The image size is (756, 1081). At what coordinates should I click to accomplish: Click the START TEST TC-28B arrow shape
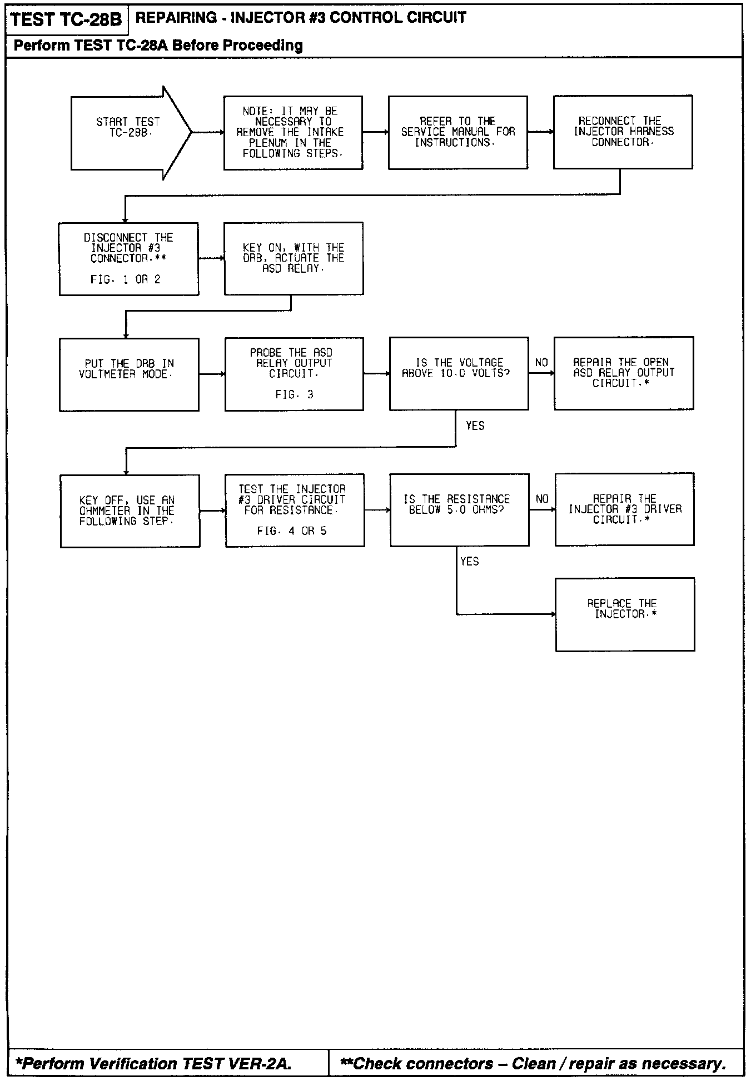(128, 133)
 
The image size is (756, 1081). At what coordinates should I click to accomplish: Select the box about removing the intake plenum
(293, 133)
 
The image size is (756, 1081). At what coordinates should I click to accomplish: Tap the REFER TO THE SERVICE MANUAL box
(457, 132)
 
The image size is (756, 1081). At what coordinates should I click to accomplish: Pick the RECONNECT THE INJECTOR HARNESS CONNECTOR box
(623, 132)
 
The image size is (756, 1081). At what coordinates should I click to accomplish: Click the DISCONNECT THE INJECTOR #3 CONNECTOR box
(128, 259)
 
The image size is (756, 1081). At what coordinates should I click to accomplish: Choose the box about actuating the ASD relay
(294, 258)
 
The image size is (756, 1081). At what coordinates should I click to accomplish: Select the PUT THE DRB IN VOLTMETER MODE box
(129, 374)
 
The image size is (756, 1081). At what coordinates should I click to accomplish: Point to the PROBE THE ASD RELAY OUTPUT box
(294, 374)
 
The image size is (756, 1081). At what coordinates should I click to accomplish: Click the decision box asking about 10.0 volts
(459, 373)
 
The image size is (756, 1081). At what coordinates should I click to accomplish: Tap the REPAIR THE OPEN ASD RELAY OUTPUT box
(624, 373)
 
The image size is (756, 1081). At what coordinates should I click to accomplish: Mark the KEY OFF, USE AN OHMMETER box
(130, 511)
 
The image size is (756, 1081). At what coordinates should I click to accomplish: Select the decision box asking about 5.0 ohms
(459, 510)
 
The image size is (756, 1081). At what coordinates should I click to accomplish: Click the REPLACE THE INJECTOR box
(625, 614)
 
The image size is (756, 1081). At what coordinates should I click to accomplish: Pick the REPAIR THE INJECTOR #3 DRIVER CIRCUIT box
(624, 509)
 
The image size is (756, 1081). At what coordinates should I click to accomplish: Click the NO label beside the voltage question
(541, 363)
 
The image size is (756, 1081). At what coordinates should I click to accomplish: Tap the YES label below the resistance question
(470, 562)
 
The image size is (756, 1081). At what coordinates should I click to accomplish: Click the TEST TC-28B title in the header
(66, 20)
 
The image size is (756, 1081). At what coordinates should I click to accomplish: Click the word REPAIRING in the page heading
(176, 18)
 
